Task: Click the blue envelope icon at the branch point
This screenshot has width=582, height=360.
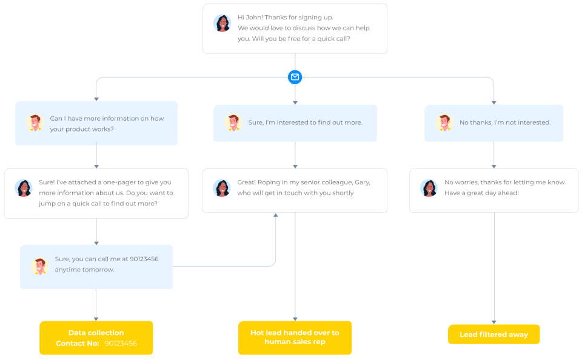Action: tap(295, 77)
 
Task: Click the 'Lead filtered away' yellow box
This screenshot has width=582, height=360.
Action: tap(493, 335)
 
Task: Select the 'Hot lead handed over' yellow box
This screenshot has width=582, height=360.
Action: tap(295, 338)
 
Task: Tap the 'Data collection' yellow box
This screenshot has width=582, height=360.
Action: tap(96, 338)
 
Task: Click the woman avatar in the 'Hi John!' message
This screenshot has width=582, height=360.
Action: tap(222, 23)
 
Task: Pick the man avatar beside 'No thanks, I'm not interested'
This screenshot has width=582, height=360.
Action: tap(444, 122)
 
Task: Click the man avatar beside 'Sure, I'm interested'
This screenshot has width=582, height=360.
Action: tap(233, 122)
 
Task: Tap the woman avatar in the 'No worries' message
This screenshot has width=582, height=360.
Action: tap(429, 188)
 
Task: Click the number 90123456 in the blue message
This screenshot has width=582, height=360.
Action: tap(144, 259)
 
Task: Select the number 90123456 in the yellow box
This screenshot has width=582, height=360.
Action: tap(121, 343)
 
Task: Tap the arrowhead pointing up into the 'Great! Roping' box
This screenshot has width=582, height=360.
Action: tap(275, 215)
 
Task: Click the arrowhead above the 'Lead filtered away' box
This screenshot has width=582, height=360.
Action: tap(493, 322)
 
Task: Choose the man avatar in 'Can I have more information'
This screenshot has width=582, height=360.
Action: tap(35, 122)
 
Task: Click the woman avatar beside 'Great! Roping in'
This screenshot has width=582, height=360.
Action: tap(222, 188)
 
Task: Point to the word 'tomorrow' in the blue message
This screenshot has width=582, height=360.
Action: tap(99, 270)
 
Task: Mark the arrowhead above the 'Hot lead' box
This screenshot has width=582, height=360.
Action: tap(295, 318)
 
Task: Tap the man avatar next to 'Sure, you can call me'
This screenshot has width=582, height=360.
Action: tap(40, 265)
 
